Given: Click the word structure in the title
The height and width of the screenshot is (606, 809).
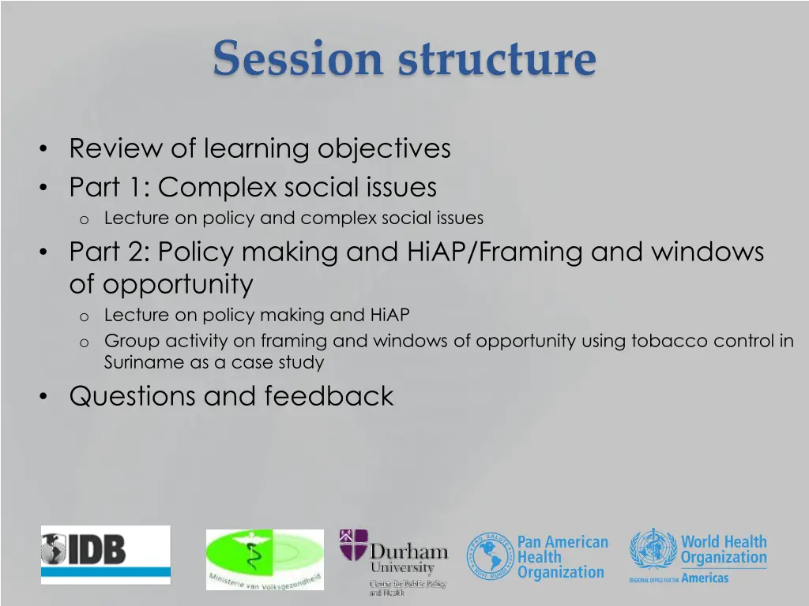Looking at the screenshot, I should tap(498, 59).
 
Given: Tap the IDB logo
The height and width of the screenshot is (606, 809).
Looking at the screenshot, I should tap(105, 555).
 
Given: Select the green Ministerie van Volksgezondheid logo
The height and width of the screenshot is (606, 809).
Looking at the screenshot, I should tap(265, 559).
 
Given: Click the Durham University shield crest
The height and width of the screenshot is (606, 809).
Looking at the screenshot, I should tap(353, 545).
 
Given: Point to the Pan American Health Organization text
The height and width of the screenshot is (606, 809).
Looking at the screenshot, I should tap(562, 557).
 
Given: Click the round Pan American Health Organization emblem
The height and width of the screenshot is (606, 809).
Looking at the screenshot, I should tap(489, 556).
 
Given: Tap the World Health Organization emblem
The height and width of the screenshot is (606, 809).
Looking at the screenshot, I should tap(653, 550).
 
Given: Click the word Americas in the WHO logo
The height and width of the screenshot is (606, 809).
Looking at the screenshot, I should tap(705, 578).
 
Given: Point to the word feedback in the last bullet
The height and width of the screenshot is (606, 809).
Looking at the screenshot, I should tap(329, 396).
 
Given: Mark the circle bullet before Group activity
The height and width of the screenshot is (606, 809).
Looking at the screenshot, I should tap(83, 342).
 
